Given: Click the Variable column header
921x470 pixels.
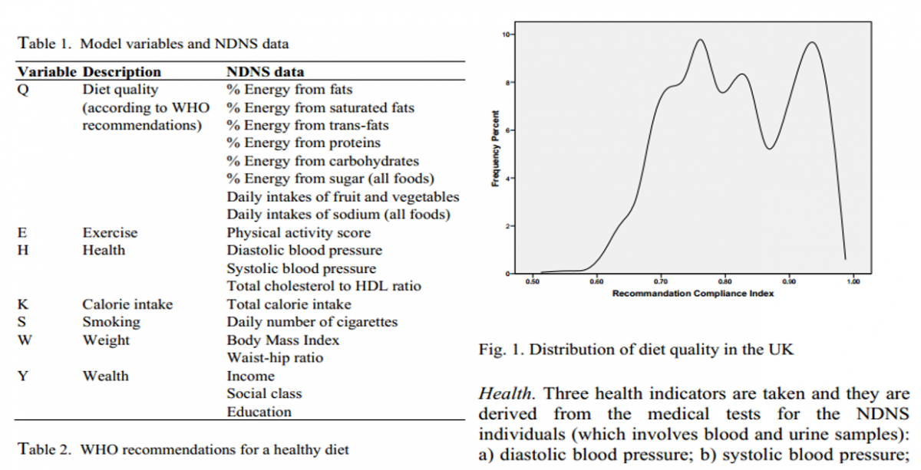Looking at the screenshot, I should (46, 72).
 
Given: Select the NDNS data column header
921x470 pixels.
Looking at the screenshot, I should (265, 72).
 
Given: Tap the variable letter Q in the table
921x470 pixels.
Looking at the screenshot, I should (23, 90).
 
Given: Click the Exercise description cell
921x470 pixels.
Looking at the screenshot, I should (110, 232).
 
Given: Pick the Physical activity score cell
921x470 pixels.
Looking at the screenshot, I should (299, 232).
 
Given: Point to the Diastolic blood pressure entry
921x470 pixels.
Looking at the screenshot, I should (304, 250).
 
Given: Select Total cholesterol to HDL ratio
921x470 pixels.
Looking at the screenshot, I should (324, 286).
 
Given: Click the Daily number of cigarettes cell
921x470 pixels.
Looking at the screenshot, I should (312, 322).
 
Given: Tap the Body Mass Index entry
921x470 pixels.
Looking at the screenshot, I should (282, 340).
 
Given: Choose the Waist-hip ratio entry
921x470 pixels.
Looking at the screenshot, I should (275, 357).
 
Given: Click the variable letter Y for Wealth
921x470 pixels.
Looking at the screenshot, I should (23, 376).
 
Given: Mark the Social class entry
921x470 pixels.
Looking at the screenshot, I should (264, 393).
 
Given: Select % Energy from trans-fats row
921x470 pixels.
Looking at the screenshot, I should (308, 125).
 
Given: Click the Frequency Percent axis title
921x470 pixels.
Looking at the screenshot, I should (496, 154).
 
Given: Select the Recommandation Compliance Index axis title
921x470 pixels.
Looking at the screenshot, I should (693, 294).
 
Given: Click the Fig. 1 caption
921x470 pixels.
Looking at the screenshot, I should (635, 350).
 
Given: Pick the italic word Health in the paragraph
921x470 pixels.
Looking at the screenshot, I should (504, 393).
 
